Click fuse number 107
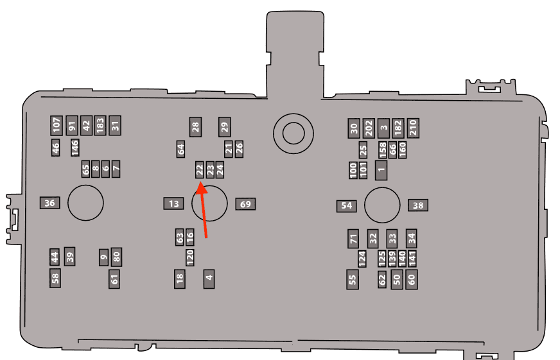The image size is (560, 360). pos(57,126)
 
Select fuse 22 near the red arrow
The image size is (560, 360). pos(199,169)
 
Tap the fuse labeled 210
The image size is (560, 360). pos(413,128)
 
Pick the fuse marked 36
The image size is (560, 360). pos(49,203)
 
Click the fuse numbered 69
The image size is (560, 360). pos(245,204)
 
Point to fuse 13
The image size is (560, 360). pos(173,203)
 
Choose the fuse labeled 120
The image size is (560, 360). pos(190,257)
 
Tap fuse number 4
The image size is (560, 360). pos(209,279)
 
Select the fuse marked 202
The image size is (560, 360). pos(369,128)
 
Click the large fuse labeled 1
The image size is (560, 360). pos(381,170)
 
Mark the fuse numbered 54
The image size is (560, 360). pos(346,206)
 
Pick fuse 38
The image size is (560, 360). pos(418,205)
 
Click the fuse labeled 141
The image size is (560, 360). pos(412,259)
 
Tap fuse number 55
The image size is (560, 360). pos(353,279)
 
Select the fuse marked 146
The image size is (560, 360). pos(74,148)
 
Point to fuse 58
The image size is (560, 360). pos(55,278)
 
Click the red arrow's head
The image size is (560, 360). pos(201,187)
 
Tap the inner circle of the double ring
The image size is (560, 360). pos(293,133)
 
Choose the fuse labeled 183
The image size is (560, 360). pos(100,125)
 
